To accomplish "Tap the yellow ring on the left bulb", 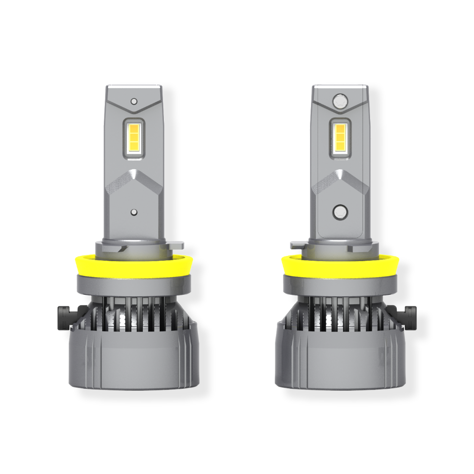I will point(134,264).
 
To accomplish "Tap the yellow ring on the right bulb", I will point(340,264).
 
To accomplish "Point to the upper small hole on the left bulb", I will point(134,101).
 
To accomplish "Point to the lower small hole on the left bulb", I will point(134,212).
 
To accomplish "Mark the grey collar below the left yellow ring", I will point(134,283).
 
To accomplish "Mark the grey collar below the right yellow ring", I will point(340,283).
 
